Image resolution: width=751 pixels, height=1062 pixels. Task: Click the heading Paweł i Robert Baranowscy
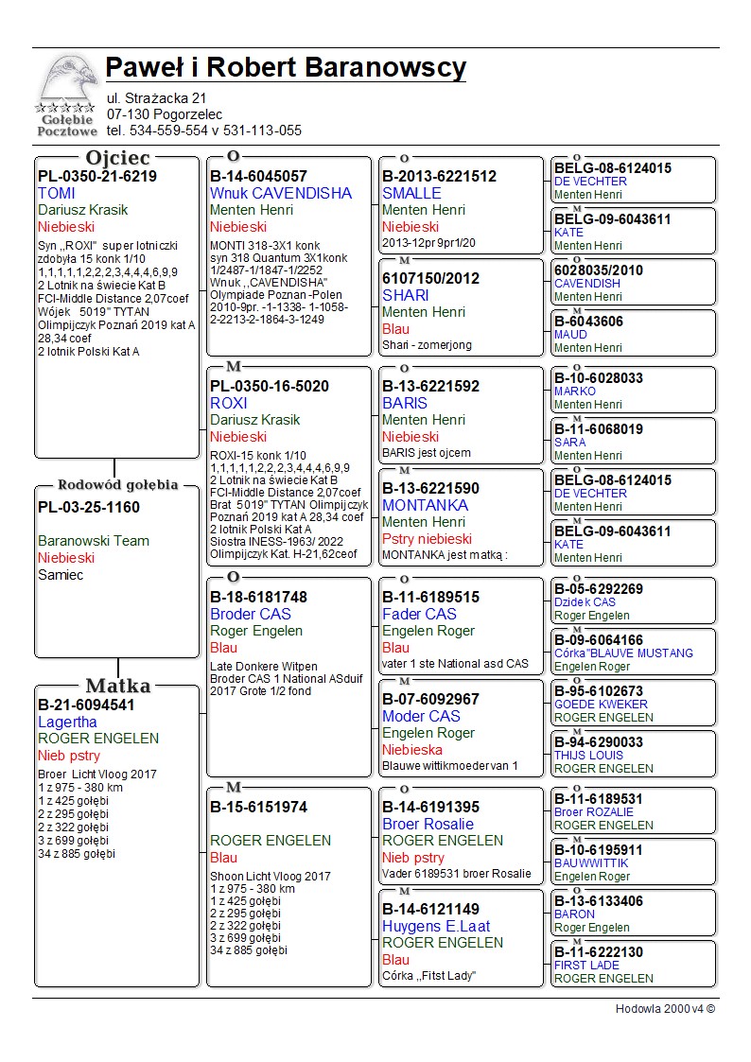point(286,68)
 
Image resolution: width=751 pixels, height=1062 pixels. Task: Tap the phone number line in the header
point(203,131)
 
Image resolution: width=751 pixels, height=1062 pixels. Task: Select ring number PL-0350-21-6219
point(97,176)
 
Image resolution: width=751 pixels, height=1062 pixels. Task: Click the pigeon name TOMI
point(56,193)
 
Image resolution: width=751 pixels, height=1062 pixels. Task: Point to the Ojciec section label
point(117,157)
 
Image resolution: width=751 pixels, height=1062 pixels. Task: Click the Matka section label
point(117,686)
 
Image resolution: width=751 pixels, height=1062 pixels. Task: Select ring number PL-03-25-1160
point(89,507)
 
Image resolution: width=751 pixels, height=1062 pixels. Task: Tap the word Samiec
point(61,575)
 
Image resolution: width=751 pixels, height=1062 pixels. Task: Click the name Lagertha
point(67,722)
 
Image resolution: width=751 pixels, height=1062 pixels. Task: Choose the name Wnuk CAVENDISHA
point(280,193)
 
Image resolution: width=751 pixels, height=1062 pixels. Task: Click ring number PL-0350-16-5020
point(270,386)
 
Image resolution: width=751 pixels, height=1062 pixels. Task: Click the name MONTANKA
point(425,505)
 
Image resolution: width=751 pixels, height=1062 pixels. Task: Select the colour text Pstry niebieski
point(427,539)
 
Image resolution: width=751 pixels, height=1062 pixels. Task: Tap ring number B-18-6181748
point(258,597)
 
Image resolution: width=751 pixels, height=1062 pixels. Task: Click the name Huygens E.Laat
point(436,926)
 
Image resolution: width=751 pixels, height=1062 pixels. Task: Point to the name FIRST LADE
point(586,966)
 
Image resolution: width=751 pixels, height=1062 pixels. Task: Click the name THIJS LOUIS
point(588,756)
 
